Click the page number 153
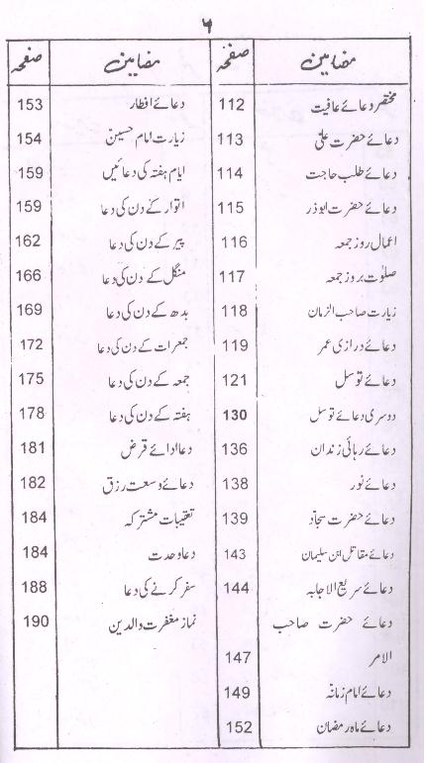tap(32, 104)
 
